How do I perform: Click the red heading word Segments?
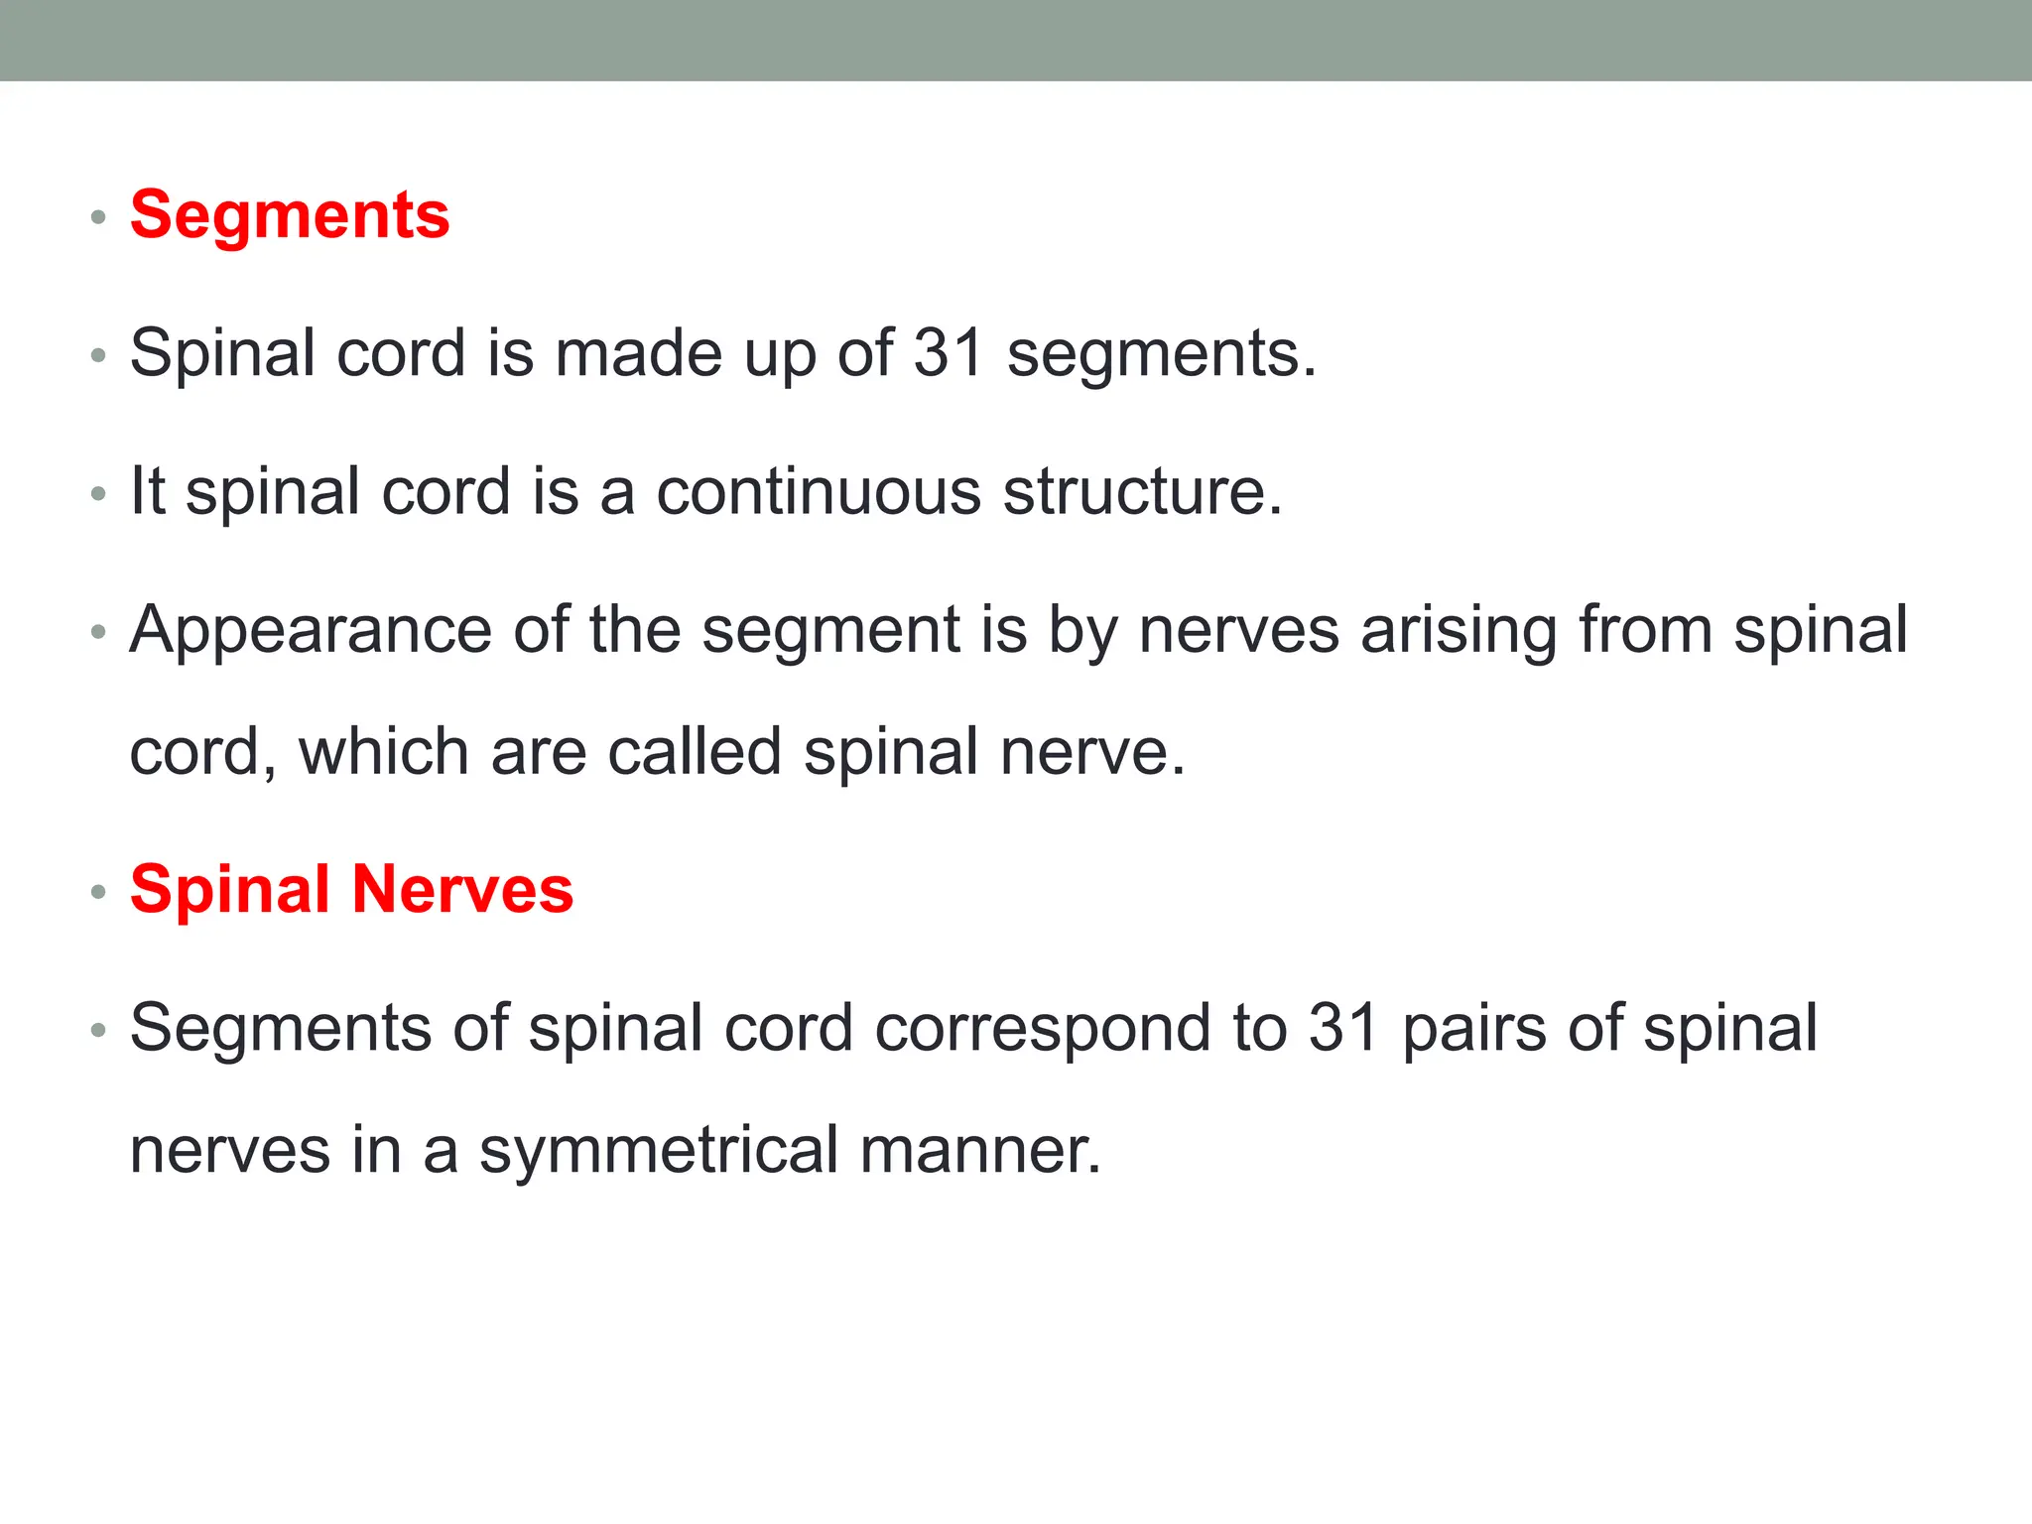[290, 215]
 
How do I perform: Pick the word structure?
[1142, 491]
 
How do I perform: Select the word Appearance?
[311, 630]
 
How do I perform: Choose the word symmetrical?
[659, 1150]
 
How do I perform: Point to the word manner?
[980, 1150]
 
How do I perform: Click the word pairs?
[1473, 1029]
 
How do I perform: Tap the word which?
[384, 751]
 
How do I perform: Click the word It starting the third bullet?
[147, 491]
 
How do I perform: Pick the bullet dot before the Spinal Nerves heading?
[97, 892]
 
